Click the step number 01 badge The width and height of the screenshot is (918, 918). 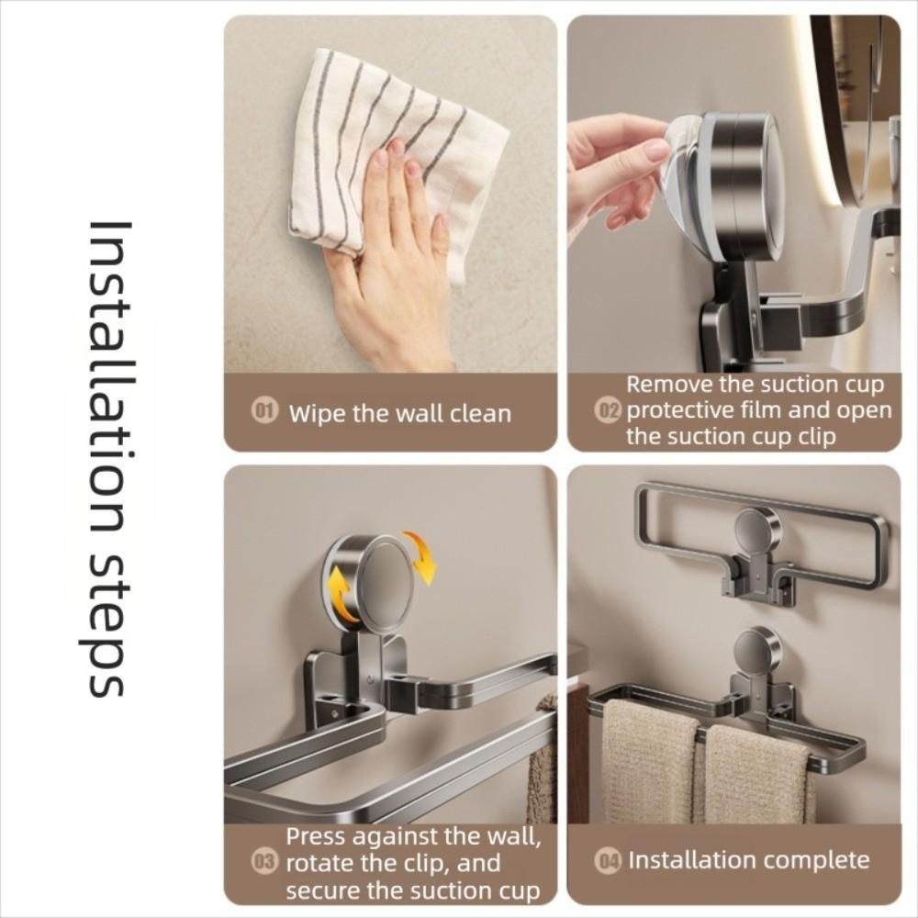(x=264, y=412)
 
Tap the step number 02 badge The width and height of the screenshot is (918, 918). (x=609, y=410)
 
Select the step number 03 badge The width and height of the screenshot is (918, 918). (x=264, y=863)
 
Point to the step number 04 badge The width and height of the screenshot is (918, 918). (x=609, y=861)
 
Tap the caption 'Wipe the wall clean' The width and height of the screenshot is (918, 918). (x=399, y=413)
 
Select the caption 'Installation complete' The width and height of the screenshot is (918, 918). (x=748, y=860)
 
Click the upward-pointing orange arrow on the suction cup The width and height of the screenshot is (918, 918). (x=342, y=595)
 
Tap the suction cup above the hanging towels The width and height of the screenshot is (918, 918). (x=757, y=650)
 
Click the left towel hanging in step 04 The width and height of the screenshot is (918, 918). (x=650, y=762)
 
